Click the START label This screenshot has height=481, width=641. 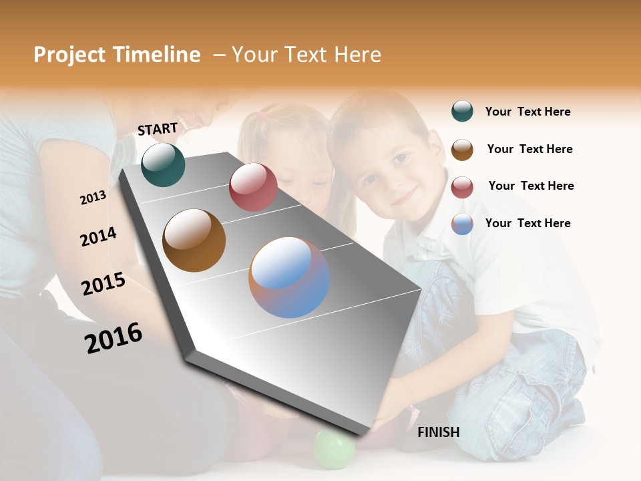158,129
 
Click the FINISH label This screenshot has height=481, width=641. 439,432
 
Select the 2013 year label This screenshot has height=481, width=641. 93,197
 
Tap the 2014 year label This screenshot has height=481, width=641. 98,236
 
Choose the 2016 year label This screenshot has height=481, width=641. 114,338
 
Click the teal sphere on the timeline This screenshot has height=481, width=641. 163,165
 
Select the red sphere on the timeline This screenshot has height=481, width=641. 253,187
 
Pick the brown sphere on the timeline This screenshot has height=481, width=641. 194,240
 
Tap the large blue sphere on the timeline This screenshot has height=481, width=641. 289,277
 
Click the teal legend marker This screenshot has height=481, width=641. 462,112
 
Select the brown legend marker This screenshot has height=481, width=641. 462,150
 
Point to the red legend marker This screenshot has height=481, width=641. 462,187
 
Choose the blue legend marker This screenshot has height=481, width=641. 462,224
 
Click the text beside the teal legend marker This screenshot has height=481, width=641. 527,112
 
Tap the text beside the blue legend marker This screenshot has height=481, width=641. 527,223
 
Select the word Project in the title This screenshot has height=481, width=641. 69,55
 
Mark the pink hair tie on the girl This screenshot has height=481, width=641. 263,115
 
